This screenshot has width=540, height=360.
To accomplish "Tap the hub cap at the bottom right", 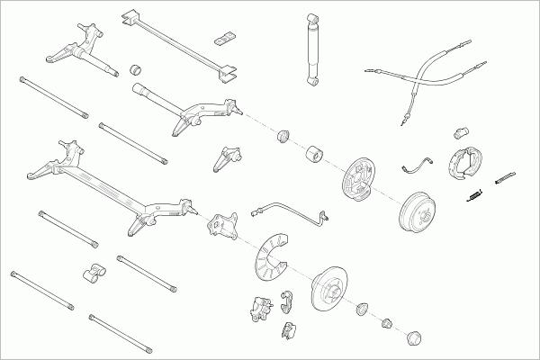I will pos(415,337).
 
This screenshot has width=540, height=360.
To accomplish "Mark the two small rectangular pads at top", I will pos(223,39).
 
